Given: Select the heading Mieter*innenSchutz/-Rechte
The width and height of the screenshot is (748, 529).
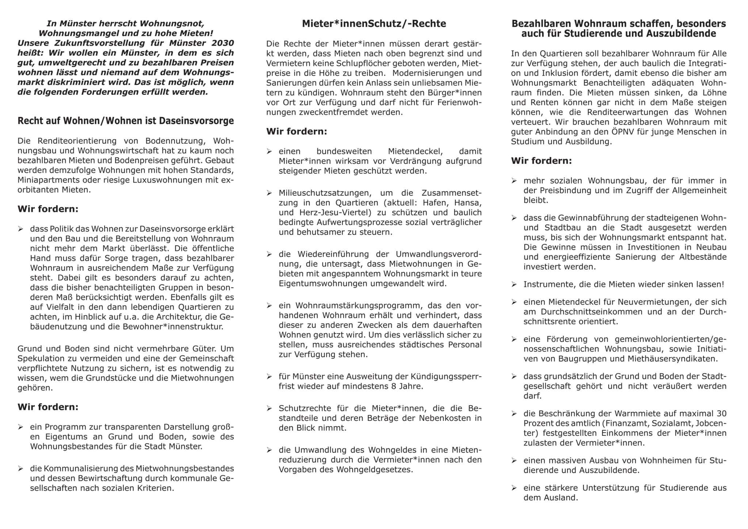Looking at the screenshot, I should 374,24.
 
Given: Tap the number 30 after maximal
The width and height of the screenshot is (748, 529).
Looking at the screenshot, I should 721,414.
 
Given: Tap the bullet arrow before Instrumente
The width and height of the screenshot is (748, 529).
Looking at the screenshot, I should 514,285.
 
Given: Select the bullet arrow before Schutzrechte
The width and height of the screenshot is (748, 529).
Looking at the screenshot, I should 269,408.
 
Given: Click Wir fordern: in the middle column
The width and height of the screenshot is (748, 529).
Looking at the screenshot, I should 296,132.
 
